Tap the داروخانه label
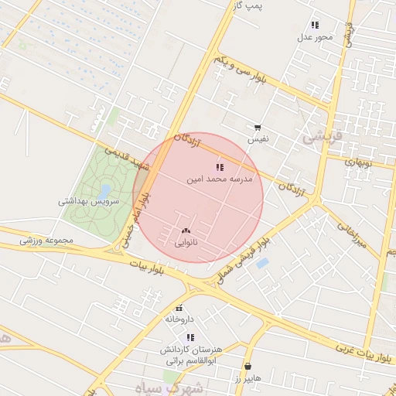179,319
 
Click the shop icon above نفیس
258,128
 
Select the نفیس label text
258,140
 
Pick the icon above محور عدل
315,25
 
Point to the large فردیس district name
321,137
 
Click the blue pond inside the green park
105,190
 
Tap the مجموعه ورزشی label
46,241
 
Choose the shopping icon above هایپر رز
247,366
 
